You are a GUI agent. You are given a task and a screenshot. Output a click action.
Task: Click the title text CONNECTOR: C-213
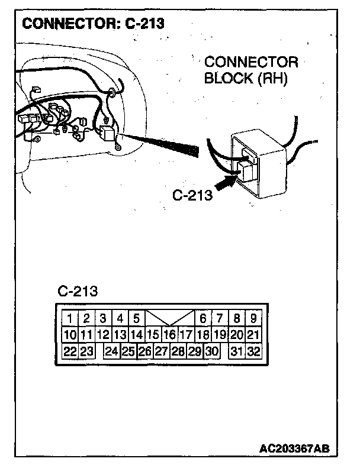click(92, 24)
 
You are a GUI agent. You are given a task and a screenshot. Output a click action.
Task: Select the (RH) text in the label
click(271, 79)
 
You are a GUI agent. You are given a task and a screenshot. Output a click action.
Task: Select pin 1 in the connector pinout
click(70, 318)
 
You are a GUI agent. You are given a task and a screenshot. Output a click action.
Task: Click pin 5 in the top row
click(136, 318)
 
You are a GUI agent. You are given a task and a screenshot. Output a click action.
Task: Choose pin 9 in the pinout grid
click(253, 318)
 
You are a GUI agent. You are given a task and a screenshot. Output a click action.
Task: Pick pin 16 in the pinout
click(170, 335)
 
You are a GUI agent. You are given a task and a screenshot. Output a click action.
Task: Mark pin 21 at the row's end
click(253, 335)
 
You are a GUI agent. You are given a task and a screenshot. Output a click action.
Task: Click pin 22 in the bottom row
click(70, 351)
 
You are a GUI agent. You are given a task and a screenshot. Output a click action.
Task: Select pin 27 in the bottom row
click(161, 351)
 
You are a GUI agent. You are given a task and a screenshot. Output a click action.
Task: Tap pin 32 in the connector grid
click(253, 351)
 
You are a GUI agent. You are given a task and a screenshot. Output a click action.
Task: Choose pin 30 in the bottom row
click(211, 351)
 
